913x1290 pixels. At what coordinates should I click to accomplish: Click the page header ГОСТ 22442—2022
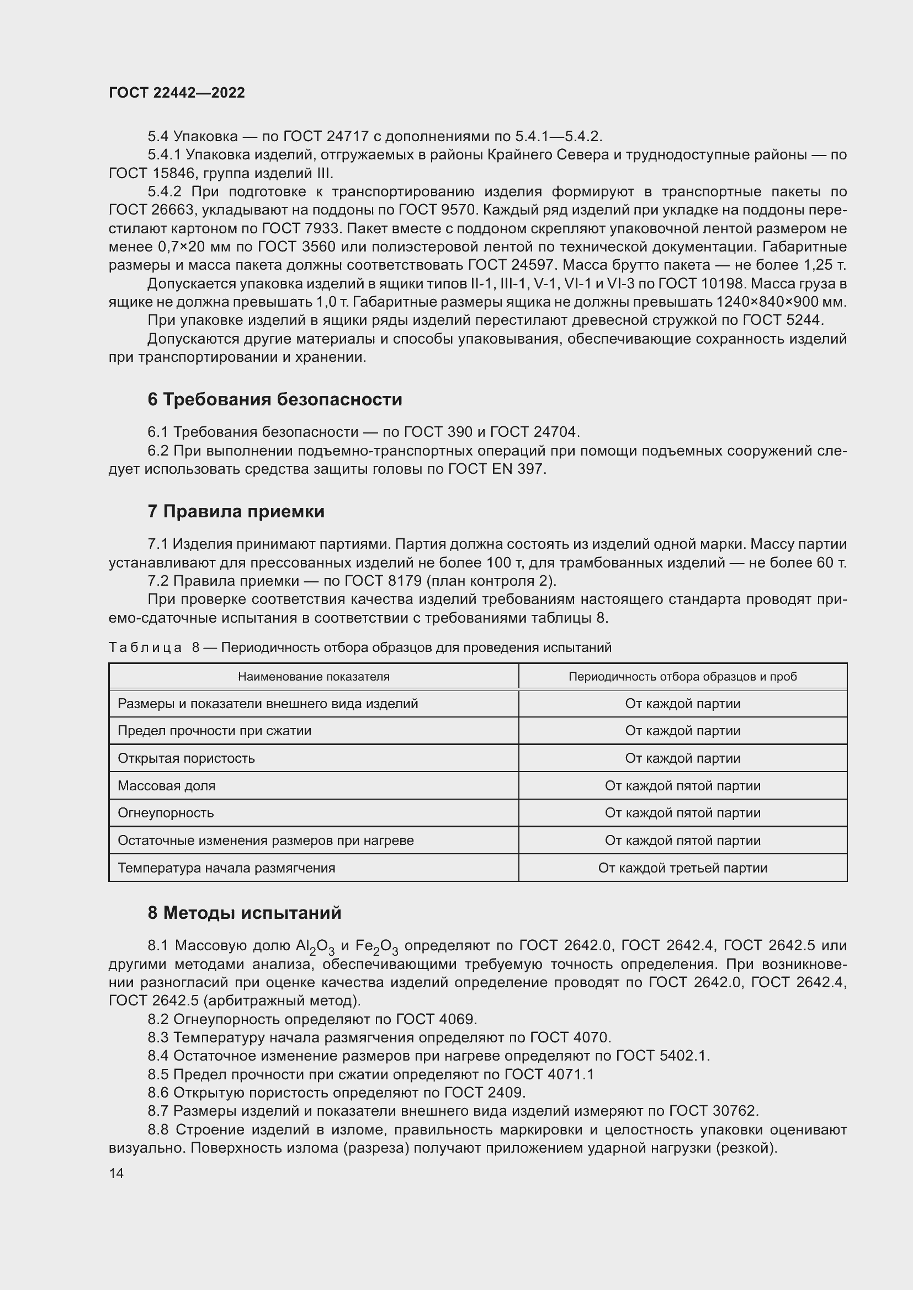[x=177, y=93]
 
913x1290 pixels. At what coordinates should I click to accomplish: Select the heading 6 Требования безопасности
[x=274, y=399]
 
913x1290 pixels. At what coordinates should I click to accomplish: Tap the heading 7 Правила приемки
[x=236, y=511]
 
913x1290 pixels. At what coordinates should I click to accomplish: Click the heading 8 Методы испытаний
[x=244, y=913]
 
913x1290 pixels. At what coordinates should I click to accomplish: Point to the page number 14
[x=116, y=1173]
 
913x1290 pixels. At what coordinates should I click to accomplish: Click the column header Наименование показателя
[x=313, y=677]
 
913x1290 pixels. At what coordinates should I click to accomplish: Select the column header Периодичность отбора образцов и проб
[x=682, y=677]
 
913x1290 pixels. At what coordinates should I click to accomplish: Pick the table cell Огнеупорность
[x=165, y=813]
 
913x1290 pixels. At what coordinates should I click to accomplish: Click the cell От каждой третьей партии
[x=682, y=868]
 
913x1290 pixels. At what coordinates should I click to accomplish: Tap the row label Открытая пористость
[x=186, y=758]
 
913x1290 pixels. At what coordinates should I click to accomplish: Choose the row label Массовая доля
[x=166, y=786]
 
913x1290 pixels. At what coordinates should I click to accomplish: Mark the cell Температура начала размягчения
[x=226, y=868]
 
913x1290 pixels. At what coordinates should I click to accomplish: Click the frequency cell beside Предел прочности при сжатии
[x=682, y=731]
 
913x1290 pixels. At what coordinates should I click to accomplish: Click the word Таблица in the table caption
[x=145, y=648]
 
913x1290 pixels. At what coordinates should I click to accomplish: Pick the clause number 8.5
[x=158, y=1074]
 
